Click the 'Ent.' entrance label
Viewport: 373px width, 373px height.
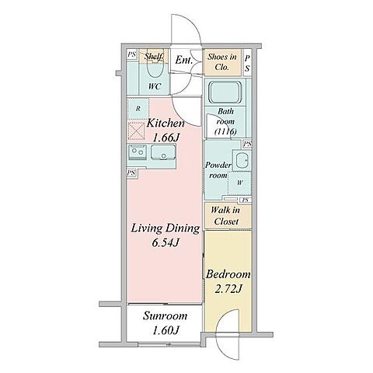tap(184, 60)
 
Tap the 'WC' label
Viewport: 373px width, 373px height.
tap(155, 86)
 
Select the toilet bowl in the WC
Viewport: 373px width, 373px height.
tap(155, 68)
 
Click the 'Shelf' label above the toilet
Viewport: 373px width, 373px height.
tap(154, 56)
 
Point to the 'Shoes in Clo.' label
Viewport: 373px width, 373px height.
tap(222, 62)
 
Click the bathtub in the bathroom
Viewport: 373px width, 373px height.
tap(225, 92)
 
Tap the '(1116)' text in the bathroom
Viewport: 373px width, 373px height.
tap(225, 132)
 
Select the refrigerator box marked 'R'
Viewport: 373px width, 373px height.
tap(138, 109)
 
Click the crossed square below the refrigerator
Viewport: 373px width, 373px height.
tap(136, 131)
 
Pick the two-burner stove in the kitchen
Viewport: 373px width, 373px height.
tap(138, 152)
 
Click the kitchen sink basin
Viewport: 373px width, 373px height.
tap(163, 152)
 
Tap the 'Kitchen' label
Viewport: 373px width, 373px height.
tap(166, 124)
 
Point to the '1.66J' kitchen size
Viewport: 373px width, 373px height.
tap(166, 138)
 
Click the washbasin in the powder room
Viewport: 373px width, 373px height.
tap(242, 160)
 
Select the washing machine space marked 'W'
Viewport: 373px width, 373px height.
tap(239, 183)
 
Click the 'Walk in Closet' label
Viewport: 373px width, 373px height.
tap(225, 216)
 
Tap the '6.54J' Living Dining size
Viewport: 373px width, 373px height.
tap(166, 243)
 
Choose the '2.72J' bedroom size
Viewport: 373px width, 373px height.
tap(228, 289)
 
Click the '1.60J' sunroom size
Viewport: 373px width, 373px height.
tap(166, 331)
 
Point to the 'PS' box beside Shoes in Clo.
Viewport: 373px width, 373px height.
tap(248, 63)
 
